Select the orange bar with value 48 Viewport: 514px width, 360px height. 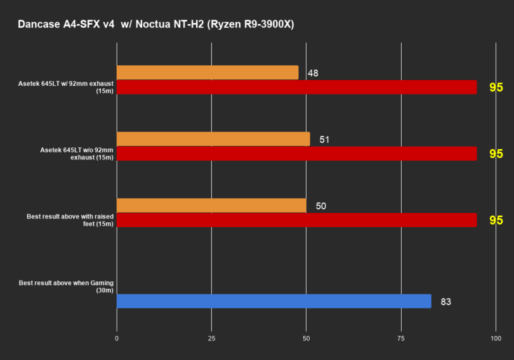(x=208, y=72)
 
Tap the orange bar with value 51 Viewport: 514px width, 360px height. (x=213, y=139)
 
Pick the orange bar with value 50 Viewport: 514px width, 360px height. (x=211, y=206)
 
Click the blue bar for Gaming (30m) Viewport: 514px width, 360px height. (x=273, y=301)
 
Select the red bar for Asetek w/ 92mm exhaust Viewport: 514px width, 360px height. (x=296, y=87)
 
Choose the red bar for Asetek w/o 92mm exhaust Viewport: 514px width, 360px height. (x=296, y=154)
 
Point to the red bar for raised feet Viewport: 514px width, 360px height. (x=296, y=220)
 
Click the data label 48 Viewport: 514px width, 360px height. (x=312, y=73)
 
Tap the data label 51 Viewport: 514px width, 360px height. (x=324, y=140)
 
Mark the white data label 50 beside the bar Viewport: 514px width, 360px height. (x=320, y=206)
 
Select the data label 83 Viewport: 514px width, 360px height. (x=445, y=302)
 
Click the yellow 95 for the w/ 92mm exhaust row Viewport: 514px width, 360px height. (x=496, y=88)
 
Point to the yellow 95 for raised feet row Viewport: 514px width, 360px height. (x=496, y=220)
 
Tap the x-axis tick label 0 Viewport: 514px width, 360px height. (x=117, y=339)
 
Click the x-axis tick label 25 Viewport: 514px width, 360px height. (x=211, y=339)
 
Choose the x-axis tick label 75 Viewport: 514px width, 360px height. (x=401, y=339)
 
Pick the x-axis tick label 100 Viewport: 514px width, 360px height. (x=496, y=339)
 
